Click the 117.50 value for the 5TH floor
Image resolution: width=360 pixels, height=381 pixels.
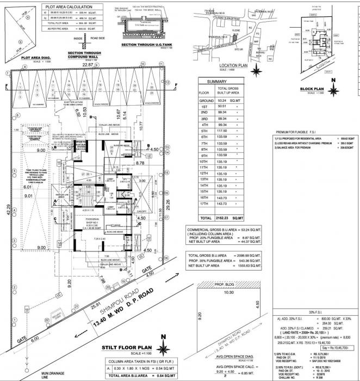[225, 131]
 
